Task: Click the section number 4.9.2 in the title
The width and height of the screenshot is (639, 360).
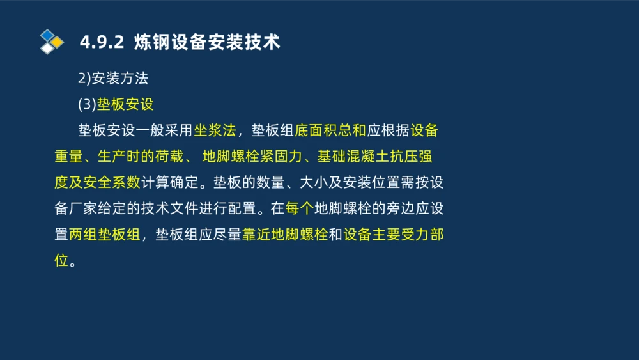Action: [x=101, y=43]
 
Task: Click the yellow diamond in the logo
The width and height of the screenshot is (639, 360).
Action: [x=58, y=42]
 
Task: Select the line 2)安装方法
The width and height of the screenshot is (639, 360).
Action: [x=113, y=79]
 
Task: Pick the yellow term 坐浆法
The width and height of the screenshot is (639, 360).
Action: [x=215, y=130]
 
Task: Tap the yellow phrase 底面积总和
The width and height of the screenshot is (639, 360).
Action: [x=330, y=130]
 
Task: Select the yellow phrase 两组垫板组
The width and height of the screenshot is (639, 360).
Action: [x=104, y=234]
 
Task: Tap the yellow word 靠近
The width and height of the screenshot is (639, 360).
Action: [x=256, y=234]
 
